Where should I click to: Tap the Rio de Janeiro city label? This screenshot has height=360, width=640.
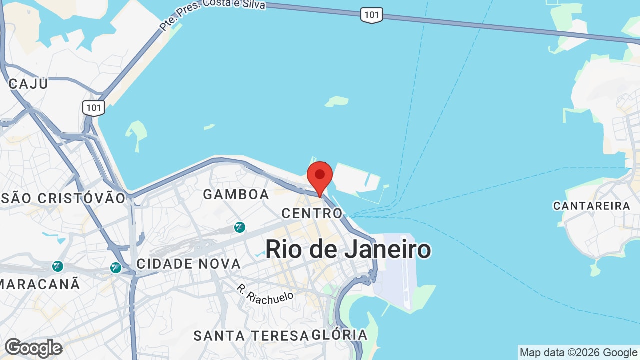coord(348,249)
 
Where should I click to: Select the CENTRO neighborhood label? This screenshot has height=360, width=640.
coord(312,213)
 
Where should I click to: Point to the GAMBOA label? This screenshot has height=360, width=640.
coord(236,194)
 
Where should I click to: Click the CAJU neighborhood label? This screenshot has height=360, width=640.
coord(28,84)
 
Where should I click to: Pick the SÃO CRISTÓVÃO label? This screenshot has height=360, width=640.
coord(63,198)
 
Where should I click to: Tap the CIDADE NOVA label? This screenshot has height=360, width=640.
coord(188,264)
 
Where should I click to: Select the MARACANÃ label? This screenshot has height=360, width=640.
coord(40,284)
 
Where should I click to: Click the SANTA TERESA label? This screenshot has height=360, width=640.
coord(251,336)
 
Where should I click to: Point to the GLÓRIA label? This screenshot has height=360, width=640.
coord(339,335)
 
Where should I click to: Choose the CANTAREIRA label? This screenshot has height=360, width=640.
coord(591,206)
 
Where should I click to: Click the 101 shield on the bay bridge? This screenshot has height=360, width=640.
coord(371,15)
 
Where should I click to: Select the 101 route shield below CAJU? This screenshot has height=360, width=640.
coord(94,107)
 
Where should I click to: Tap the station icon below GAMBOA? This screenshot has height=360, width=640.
coord(240,227)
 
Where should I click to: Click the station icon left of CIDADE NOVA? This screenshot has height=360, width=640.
coord(116,268)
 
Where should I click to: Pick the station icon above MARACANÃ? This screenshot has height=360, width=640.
coord(58,266)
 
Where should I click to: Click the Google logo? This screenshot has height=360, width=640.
coord(33,348)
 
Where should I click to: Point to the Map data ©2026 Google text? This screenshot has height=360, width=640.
coord(578,353)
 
